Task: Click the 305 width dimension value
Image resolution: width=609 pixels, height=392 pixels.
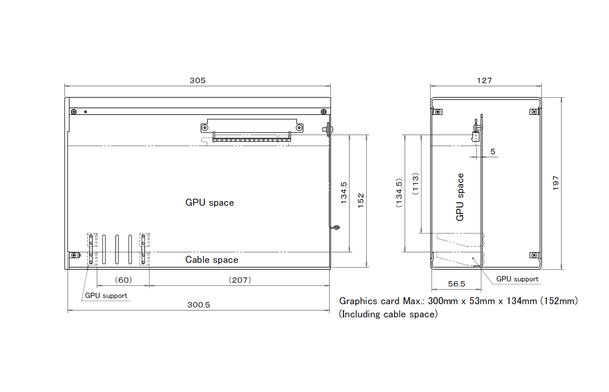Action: pos(198,81)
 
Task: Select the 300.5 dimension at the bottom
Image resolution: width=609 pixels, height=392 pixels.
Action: pos(199,305)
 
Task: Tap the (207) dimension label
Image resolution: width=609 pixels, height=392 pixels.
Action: pos(240,280)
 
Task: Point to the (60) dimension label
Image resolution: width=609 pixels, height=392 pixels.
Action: pos(123,280)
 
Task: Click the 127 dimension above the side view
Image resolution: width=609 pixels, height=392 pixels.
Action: pos(485,81)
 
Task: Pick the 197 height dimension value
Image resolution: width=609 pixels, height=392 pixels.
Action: pos(556,183)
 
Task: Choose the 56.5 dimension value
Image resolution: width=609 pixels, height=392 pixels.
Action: pos(457,284)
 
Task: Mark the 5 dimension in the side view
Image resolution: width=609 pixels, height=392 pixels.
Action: pos(493,151)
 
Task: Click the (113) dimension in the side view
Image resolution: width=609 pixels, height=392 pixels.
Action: pos(416,183)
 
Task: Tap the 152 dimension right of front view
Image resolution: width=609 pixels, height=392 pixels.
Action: pos(361,201)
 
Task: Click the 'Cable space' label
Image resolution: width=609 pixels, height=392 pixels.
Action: pos(212,260)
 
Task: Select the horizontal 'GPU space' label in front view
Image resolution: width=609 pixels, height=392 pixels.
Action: pos(209,202)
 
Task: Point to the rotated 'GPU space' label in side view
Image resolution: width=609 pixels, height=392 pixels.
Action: pos(460,197)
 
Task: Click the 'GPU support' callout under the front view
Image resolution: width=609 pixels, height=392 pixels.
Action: pos(106,295)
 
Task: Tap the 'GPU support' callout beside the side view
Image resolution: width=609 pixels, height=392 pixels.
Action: pos(518,279)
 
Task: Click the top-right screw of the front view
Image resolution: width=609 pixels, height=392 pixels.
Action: pos(324,112)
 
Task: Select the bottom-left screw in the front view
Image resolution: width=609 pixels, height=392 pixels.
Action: pos(74,255)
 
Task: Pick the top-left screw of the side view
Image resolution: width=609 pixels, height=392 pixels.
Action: pos(438,112)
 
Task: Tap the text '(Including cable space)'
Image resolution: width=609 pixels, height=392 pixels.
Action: pos(388,314)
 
